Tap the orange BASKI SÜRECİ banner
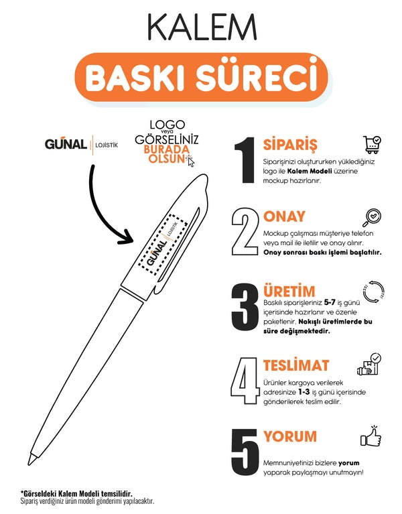201,78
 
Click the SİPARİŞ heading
290,144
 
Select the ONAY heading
284,216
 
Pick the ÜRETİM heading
289,292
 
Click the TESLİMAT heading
295,366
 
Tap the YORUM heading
289,436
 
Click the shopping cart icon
372,143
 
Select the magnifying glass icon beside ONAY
372,217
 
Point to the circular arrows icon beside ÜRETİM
372,292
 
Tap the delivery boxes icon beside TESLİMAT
370,366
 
